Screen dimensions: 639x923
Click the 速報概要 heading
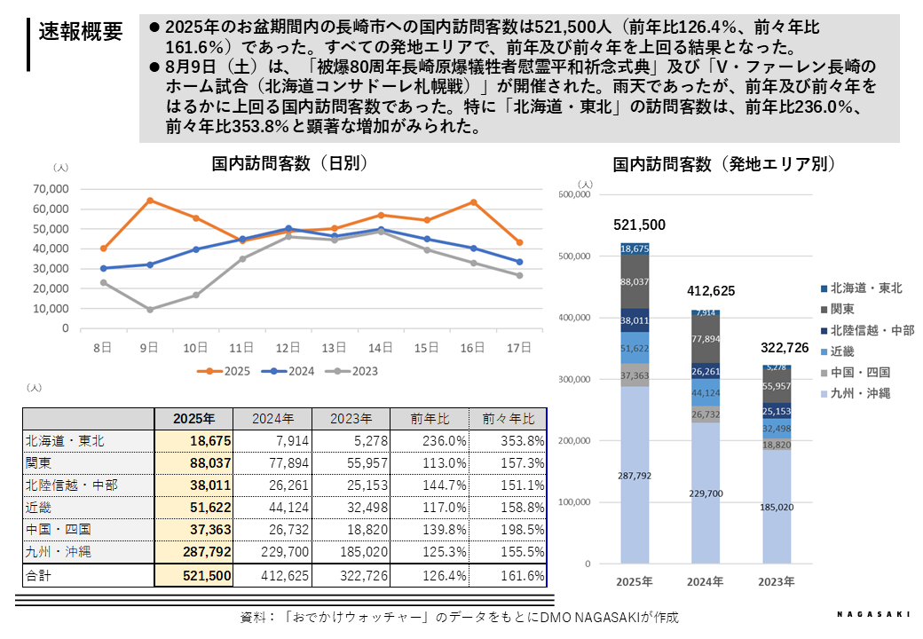click(x=81, y=33)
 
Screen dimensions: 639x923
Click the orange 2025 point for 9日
click(x=150, y=200)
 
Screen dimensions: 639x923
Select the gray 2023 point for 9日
click(x=150, y=310)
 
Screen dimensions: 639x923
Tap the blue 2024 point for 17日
click(x=519, y=262)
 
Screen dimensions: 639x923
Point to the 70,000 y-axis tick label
click(x=50, y=189)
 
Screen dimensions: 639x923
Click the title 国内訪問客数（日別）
click(x=290, y=163)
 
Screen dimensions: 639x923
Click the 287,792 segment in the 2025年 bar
click(x=635, y=476)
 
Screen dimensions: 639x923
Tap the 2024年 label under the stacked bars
click(x=706, y=582)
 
